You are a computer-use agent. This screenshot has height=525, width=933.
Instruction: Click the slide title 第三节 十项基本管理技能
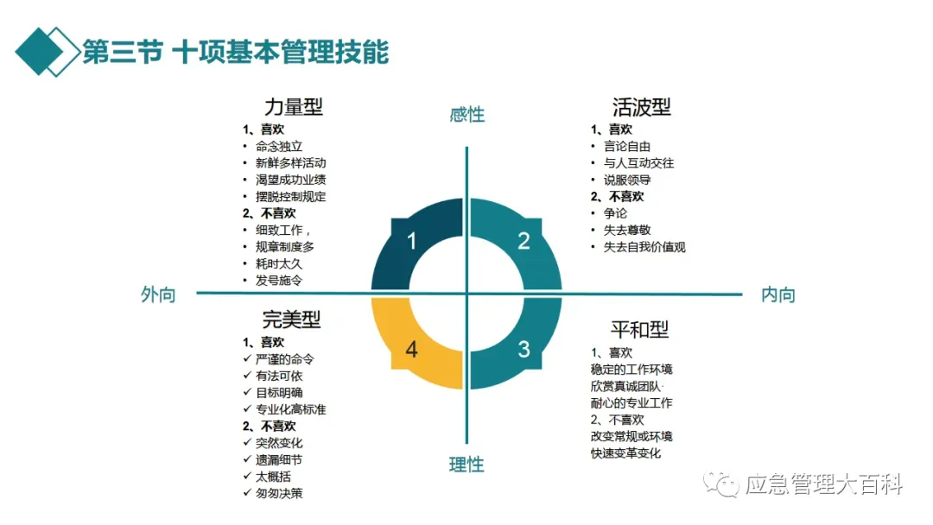pos(235,52)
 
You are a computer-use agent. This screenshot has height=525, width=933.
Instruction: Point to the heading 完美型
pos(291,319)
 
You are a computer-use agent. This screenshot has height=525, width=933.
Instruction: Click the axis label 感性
pos(466,114)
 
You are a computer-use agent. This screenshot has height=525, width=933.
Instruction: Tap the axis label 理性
pos(466,465)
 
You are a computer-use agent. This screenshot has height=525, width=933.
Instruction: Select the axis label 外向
pos(158,294)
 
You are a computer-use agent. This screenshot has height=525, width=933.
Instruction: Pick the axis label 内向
pos(777,294)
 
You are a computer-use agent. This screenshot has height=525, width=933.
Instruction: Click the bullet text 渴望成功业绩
pos(290,180)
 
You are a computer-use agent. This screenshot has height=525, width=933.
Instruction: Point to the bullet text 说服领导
pos(627,180)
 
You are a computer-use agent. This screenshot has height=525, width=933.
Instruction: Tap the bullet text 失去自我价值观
pos(644,247)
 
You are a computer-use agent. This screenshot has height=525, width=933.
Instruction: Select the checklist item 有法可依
pos(279,376)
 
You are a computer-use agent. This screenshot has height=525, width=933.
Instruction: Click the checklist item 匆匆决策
pos(279,493)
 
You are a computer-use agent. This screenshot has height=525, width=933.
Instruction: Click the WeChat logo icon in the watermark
pos(720,485)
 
